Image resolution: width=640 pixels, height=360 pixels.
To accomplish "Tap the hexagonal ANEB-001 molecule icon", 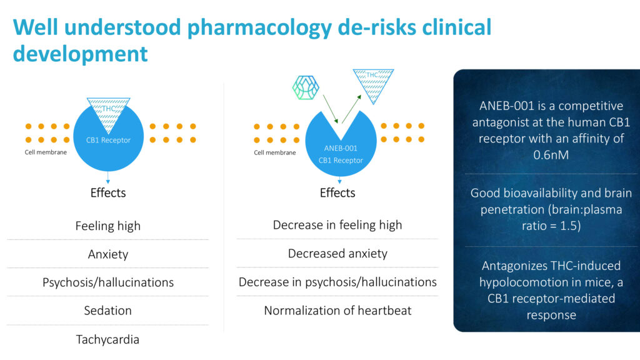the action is [306, 87].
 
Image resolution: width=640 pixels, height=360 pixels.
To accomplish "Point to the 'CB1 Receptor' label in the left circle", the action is [108, 140].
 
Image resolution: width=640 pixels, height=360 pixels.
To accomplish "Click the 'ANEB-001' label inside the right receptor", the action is [341, 148].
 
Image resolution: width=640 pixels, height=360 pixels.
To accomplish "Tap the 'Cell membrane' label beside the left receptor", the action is [46, 152].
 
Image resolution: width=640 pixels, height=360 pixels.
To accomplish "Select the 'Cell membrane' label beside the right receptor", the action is [275, 152].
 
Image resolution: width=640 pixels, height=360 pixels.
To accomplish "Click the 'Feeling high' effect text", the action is [107, 226].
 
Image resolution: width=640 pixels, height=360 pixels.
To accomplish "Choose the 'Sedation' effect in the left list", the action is [107, 311].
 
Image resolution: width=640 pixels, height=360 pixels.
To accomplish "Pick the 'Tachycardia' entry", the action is [107, 339].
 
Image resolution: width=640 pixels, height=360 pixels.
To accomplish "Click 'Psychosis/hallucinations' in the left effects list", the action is [107, 282].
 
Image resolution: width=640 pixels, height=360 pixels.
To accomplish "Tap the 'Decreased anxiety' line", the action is [337, 254].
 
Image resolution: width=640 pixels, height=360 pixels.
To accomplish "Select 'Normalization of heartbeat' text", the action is [337, 311].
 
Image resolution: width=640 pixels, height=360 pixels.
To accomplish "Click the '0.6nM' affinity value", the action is [551, 155].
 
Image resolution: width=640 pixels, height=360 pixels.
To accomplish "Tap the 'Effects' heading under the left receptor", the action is [107, 192].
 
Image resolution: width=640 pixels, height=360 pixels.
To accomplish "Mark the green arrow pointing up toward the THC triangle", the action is [351, 109].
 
